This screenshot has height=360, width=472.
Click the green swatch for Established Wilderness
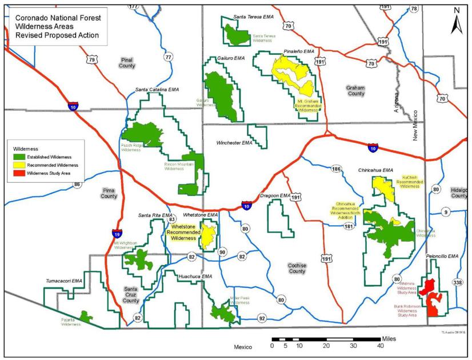click(x=20, y=155)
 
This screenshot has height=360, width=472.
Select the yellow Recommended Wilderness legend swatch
click(x=20, y=164)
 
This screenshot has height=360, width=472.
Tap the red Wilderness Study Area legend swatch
click(x=20, y=172)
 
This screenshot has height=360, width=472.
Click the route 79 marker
click(x=93, y=59)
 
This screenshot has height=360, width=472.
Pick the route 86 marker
click(x=77, y=184)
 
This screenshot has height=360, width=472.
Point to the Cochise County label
click(x=297, y=268)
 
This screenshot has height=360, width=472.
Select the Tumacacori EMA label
click(x=65, y=282)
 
